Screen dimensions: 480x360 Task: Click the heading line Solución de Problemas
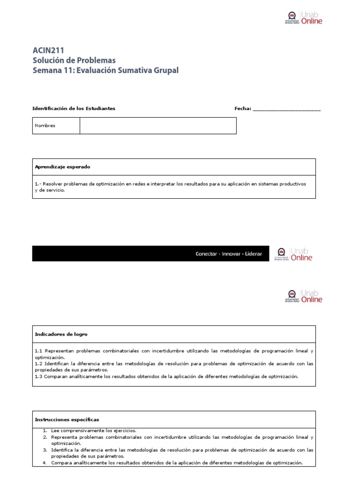(74, 60)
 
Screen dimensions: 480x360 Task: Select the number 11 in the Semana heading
(68, 70)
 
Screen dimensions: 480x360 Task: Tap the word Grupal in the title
(164, 70)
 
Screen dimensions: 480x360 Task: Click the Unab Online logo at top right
(303, 18)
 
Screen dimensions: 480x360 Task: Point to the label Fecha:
(243, 108)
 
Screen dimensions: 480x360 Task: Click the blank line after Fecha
(286, 109)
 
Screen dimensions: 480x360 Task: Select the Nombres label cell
(56, 126)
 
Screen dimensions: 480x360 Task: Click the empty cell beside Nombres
(158, 126)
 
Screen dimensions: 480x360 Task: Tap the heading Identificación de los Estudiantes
(74, 108)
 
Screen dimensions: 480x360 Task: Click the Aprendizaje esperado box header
(63, 166)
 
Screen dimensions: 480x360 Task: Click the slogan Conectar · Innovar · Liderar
(229, 254)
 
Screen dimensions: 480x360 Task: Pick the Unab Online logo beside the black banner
(294, 254)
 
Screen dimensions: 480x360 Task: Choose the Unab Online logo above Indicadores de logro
(303, 296)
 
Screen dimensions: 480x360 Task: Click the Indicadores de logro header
(61, 334)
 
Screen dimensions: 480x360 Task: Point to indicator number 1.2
(38, 363)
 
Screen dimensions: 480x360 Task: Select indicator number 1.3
(38, 376)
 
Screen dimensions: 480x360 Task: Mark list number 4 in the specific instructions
(45, 463)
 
